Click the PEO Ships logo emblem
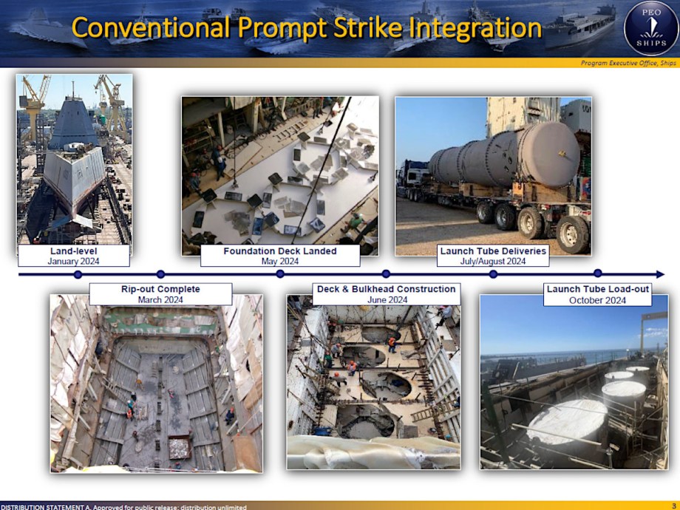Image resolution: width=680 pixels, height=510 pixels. pos(650,28)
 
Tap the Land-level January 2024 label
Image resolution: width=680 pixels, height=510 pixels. pos(73,256)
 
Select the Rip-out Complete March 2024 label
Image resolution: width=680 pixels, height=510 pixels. pos(160,294)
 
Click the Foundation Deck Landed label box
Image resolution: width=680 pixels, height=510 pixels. pos(279,256)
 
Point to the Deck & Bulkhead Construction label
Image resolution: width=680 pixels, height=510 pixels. pos(387,294)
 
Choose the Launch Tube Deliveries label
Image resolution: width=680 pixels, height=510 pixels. pos(493,256)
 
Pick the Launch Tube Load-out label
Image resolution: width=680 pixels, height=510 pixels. pos(597,294)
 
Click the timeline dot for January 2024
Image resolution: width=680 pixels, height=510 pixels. pos(78,274)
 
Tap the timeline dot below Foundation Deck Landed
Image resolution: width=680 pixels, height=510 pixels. pos(280,274)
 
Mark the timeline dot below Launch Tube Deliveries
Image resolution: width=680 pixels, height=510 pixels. pos(493,274)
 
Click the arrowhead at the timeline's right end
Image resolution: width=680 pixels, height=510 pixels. pos(659,274)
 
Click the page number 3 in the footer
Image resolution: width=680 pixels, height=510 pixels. pos(673,506)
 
